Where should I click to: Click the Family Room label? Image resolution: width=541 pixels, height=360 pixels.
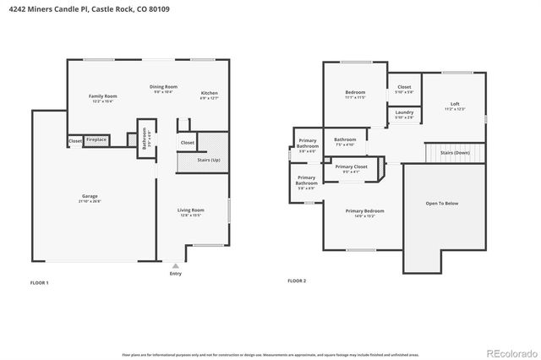[x=103, y=96]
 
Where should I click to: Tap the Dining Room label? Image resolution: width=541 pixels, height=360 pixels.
[x=164, y=87]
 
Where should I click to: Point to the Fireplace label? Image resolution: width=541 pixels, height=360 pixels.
[x=96, y=139]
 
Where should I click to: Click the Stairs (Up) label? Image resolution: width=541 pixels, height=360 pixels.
[x=209, y=159]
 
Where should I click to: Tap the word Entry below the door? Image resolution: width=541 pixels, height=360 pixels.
[x=175, y=274]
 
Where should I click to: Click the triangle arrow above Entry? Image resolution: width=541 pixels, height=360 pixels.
[x=175, y=265]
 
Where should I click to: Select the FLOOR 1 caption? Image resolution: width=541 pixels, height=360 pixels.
[x=39, y=281]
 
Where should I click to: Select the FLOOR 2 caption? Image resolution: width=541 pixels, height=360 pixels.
[x=297, y=281]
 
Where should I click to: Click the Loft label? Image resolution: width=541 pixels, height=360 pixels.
[x=455, y=104]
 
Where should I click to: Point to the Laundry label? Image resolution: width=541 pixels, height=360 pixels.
[x=404, y=112]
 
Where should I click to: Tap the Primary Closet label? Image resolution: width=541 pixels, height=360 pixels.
[x=351, y=167]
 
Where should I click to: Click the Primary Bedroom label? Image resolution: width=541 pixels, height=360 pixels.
[x=365, y=211]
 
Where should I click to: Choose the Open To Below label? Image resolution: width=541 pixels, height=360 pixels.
[x=442, y=203]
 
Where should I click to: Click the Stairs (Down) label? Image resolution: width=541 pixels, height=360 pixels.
[x=455, y=152]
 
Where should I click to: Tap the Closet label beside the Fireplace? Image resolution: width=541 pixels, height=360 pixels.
[x=75, y=140]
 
